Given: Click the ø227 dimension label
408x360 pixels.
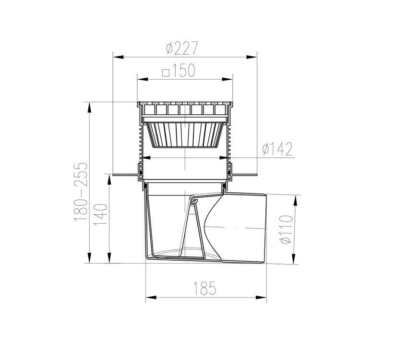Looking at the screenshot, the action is (x=182, y=48).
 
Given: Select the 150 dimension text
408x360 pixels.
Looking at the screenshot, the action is (x=183, y=71).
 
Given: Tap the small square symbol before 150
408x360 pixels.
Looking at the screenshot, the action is (x=166, y=72).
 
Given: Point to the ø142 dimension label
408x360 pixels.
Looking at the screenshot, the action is (x=277, y=149).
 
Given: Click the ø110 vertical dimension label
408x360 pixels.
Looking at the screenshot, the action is (x=287, y=229).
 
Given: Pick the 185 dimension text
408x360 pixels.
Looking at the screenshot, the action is (x=204, y=288).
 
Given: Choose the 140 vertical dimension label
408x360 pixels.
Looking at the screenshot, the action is (x=101, y=215).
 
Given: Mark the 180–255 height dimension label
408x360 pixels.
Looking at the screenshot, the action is (x=81, y=192).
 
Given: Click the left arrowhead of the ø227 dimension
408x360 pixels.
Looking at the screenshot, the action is (x=118, y=57).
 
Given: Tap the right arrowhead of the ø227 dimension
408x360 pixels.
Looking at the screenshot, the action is (x=252, y=57).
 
